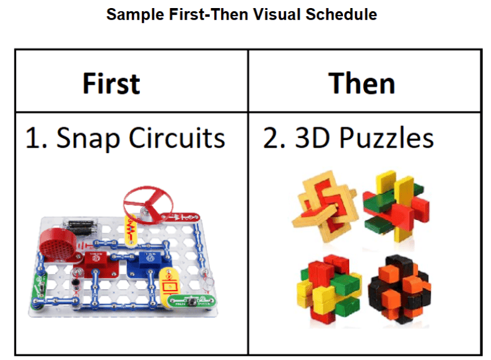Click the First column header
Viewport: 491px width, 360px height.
111,83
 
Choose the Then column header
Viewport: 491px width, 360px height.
362,83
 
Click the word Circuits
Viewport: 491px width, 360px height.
176,138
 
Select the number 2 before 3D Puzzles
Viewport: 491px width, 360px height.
270,138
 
